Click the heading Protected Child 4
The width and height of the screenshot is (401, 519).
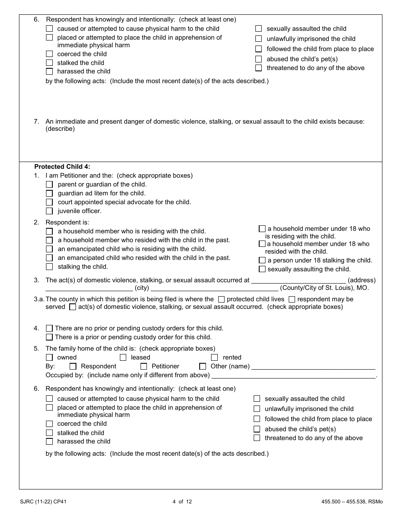(x=62, y=167)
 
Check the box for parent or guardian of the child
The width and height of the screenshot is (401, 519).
(x=49, y=184)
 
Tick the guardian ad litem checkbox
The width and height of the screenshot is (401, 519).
(x=49, y=193)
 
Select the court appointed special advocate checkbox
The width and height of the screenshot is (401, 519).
(x=49, y=202)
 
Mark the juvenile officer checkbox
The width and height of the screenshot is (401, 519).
(x=49, y=211)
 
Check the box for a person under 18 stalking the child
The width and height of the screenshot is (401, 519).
(x=262, y=260)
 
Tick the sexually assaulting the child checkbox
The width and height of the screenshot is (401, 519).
(x=262, y=269)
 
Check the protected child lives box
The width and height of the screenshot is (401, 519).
(x=221, y=299)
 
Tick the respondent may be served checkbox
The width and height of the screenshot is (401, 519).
(x=292, y=299)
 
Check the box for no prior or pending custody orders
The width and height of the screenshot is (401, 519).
(x=49, y=328)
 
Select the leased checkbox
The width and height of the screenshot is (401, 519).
(x=123, y=357)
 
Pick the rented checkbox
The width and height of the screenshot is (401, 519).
(x=214, y=357)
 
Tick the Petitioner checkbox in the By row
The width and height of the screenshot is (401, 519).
(x=144, y=366)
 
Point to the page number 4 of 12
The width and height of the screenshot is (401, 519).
(x=182, y=502)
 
